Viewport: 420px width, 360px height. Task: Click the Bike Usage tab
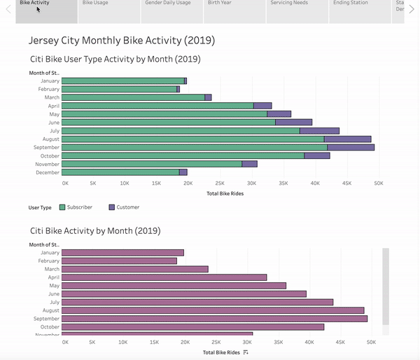click(x=95, y=4)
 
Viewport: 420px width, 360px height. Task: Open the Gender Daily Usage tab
click(x=167, y=4)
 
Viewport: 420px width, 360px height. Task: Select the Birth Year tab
click(x=222, y=4)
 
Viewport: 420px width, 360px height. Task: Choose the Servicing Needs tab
click(x=289, y=4)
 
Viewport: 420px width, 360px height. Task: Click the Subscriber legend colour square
click(x=62, y=207)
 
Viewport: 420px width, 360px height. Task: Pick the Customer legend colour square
click(x=111, y=207)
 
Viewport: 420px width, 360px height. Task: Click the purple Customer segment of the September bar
click(x=351, y=147)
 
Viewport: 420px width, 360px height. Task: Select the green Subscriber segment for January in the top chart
click(x=122, y=81)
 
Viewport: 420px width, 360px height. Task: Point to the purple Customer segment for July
click(x=319, y=130)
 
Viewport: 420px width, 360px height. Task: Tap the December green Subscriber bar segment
click(x=120, y=172)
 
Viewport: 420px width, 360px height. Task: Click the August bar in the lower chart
click(x=213, y=310)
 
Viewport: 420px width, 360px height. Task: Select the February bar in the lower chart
click(x=119, y=261)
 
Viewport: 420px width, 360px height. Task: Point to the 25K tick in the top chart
click(x=220, y=184)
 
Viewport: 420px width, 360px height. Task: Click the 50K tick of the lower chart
click(x=371, y=343)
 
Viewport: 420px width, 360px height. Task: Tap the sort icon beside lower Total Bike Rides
click(x=246, y=352)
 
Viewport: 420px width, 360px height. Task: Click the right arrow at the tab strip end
click(x=412, y=9)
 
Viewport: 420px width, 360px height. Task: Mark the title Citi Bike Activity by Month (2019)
click(x=95, y=230)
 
